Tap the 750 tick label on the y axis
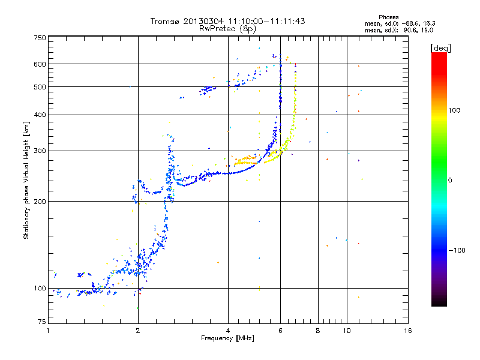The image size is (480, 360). pos(40,38)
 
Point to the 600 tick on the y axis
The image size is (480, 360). pos(40,64)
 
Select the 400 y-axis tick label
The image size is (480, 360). pos(40,115)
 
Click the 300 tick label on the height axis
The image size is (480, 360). pos(40,151)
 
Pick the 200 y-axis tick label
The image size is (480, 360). pos(40,202)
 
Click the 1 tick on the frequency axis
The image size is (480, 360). pos(48,331)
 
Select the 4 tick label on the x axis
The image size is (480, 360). pos(228,331)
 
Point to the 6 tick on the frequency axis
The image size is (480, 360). pos(280,331)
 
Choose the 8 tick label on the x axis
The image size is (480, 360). pos(317,331)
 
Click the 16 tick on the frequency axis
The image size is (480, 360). pos(407,331)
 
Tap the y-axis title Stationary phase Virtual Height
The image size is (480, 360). pos(26,180)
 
